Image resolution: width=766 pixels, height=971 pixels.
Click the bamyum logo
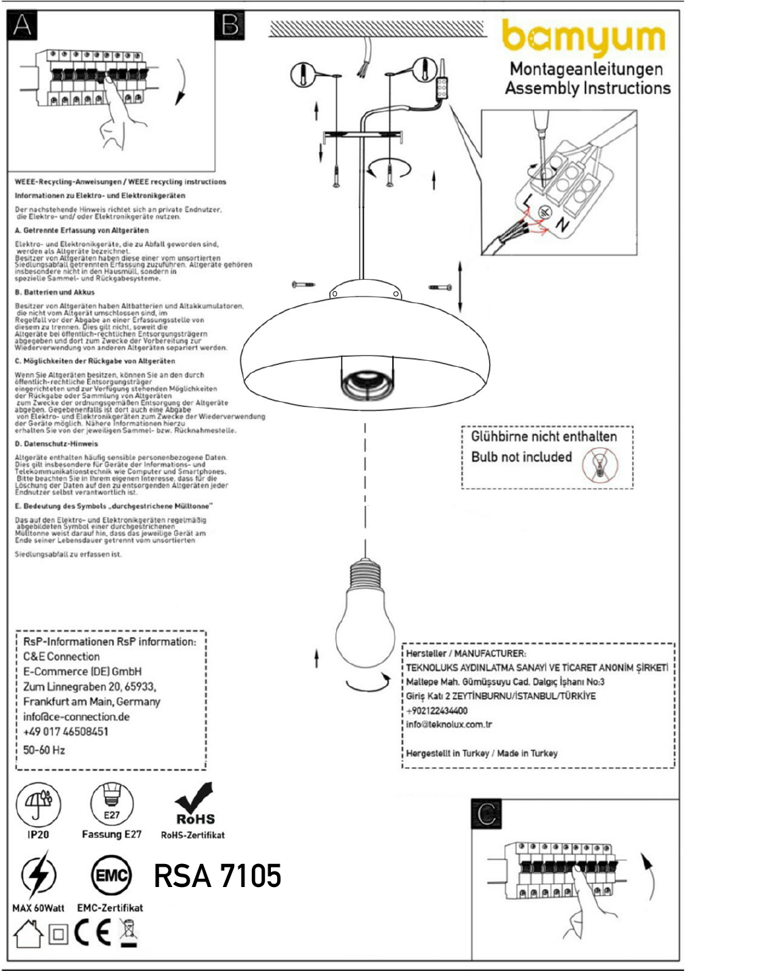coord(584,37)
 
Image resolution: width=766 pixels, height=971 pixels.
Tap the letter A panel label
coord(22,25)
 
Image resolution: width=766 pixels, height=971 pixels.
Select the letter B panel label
coord(230,25)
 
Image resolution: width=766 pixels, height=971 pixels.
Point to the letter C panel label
coord(486,814)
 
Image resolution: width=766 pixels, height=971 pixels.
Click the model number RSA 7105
coord(217,876)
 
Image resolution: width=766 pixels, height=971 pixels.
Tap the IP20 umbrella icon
coord(38,803)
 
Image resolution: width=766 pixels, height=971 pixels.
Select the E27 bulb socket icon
coord(112,803)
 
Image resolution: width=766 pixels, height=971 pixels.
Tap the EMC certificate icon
coord(111,876)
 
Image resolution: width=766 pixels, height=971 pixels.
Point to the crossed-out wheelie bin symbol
coord(128,933)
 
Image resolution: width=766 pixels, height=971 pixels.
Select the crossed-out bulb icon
coord(599,466)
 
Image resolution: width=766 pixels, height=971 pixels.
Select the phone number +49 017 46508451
coord(66,732)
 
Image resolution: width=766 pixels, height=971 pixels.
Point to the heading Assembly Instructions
coord(587,88)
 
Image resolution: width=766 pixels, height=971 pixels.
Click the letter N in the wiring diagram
coord(561,224)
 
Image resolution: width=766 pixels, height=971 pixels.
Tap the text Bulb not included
coord(522,457)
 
